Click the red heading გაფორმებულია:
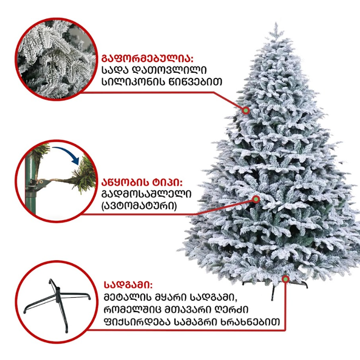pyautogui.click(x=147, y=59)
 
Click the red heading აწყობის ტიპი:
pyautogui.click(x=142, y=183)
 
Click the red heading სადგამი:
pyautogui.click(x=128, y=285)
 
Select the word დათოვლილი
pyautogui.click(x=170, y=70)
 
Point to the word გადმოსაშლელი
pyautogui.click(x=146, y=194)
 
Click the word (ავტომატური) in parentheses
pyautogui.click(x=139, y=206)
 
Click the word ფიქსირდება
pyautogui.click(x=137, y=321)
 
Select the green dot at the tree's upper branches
pyautogui.click(x=246, y=111)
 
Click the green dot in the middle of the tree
pyautogui.click(x=256, y=199)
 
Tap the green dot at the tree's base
pyautogui.click(x=285, y=279)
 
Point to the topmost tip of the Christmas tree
pyautogui.click(x=275, y=22)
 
